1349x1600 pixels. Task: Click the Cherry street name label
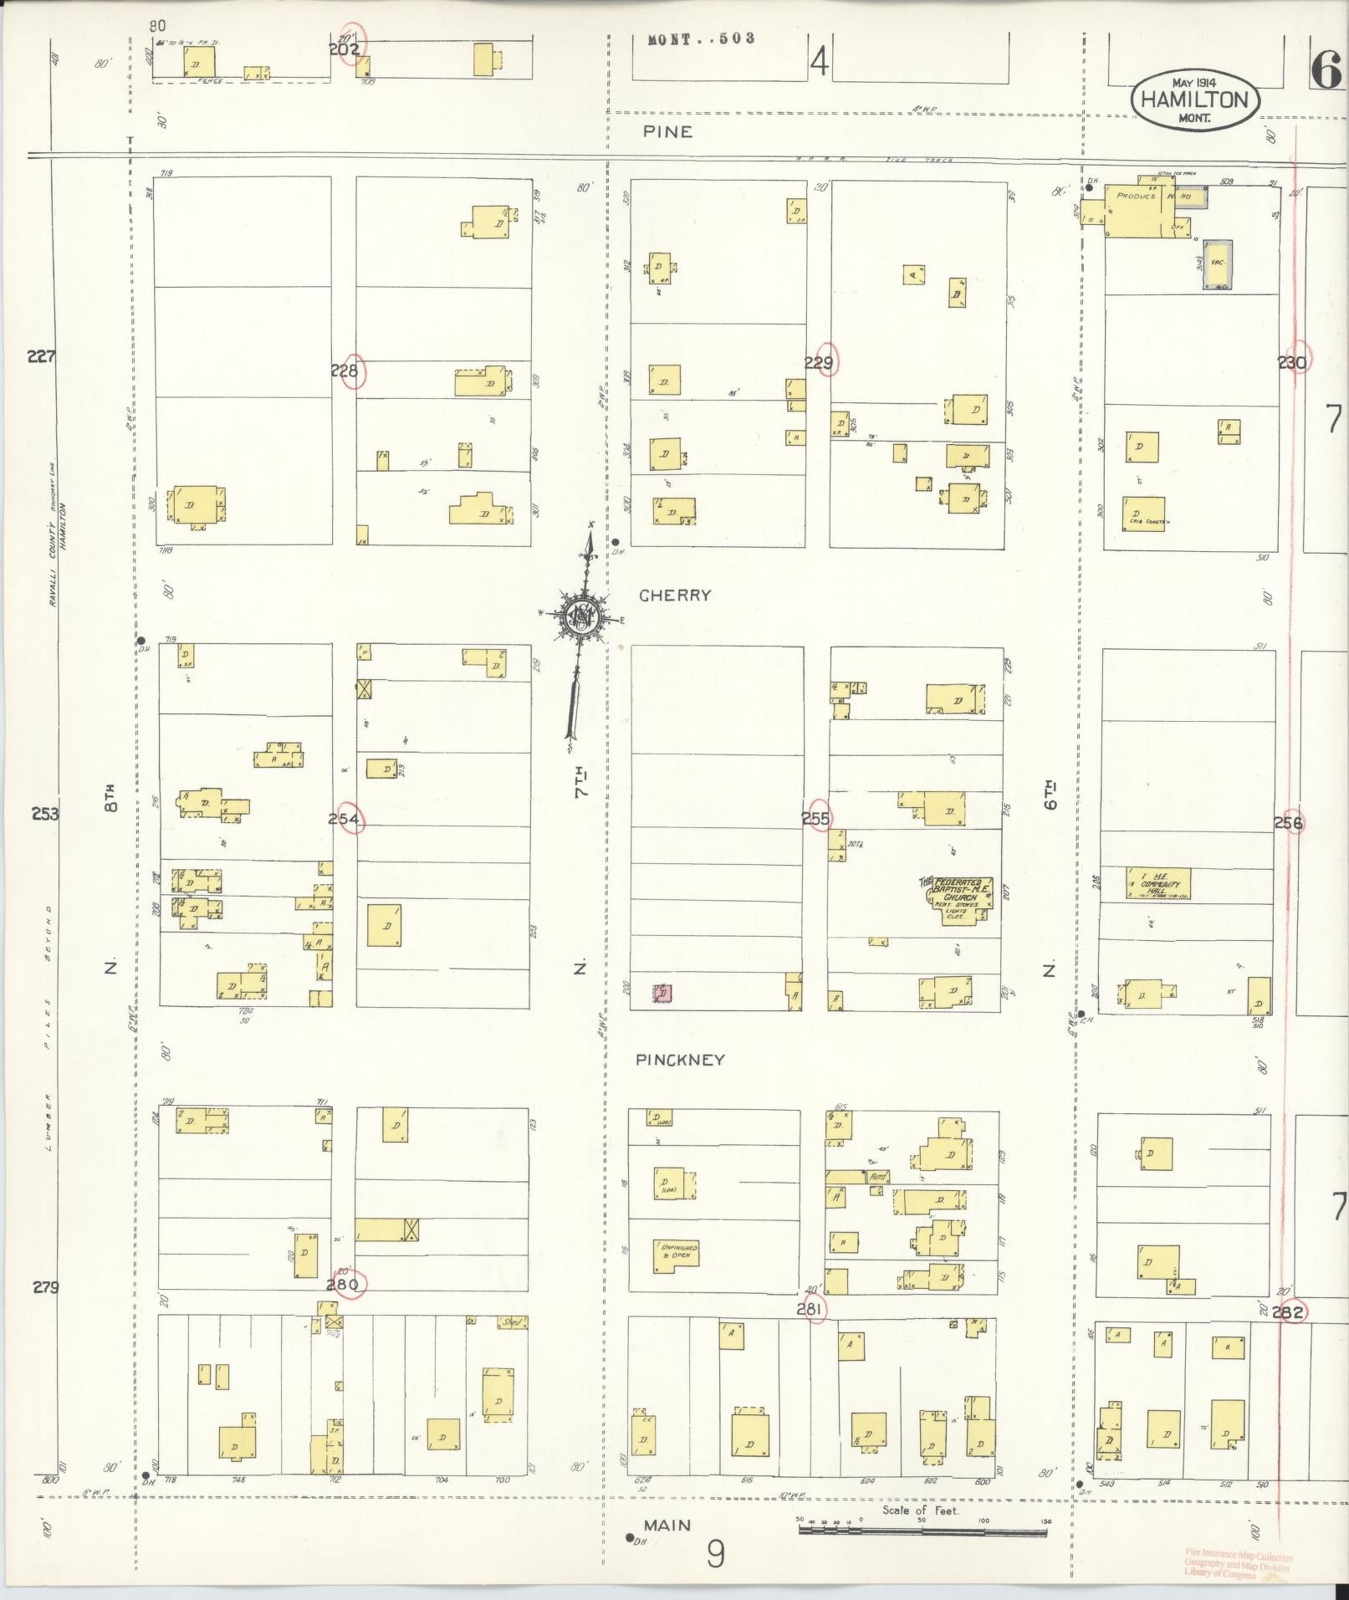(x=674, y=596)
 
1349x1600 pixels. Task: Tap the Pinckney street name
(x=680, y=1060)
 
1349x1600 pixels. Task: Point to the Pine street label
(x=668, y=131)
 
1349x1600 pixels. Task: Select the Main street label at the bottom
(x=667, y=1526)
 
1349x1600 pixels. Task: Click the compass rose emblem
(x=580, y=618)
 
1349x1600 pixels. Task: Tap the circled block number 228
(x=346, y=371)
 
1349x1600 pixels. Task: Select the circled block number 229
(x=820, y=361)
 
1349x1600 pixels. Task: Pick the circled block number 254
(x=346, y=819)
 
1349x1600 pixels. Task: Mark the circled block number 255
(x=818, y=819)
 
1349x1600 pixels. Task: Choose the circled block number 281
(x=812, y=1309)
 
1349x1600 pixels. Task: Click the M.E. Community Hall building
(x=1158, y=884)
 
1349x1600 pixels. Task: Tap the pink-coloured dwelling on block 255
(x=662, y=993)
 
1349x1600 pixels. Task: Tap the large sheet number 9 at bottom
(x=715, y=1555)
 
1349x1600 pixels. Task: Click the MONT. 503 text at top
(x=702, y=38)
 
